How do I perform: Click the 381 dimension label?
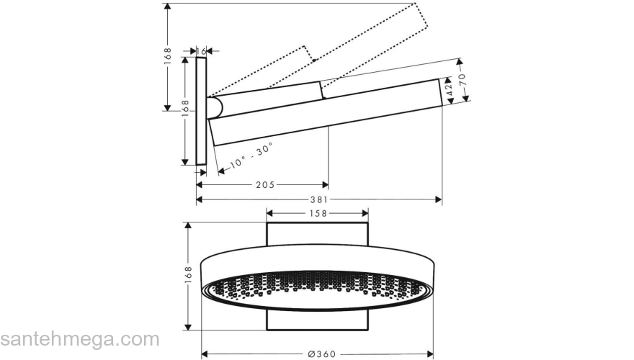(318, 199)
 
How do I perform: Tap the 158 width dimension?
(318, 213)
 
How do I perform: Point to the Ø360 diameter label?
(318, 354)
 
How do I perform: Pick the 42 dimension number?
(449, 90)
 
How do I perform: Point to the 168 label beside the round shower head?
(188, 275)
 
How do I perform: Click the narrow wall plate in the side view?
(201, 112)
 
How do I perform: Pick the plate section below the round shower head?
(317, 321)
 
